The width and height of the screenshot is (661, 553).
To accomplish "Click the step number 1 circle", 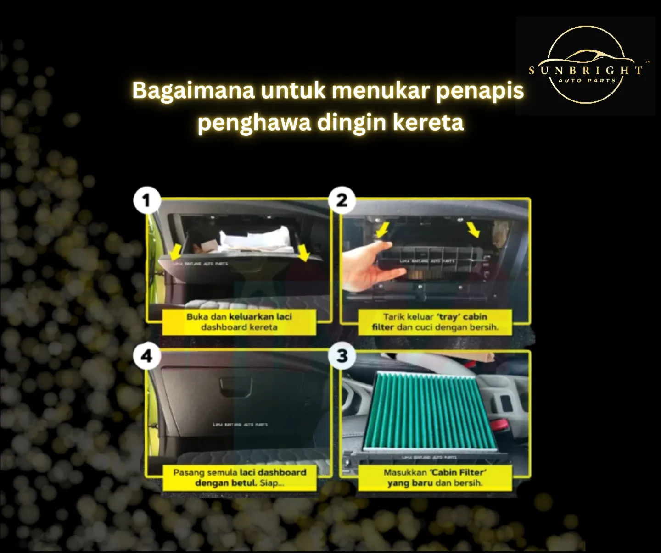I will click(147, 200).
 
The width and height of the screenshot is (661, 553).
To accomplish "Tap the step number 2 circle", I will click(342, 200).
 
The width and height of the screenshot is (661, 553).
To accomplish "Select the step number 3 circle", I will click(342, 356).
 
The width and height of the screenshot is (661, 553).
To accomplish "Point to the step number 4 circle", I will click(147, 356).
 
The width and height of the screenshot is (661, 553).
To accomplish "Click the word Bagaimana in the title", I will click(193, 90).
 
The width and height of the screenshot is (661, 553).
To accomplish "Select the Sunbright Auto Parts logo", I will click(586, 65).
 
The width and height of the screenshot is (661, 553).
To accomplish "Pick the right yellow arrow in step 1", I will click(302, 252).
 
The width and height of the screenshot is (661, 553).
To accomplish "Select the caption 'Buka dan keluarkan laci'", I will click(239, 316).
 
